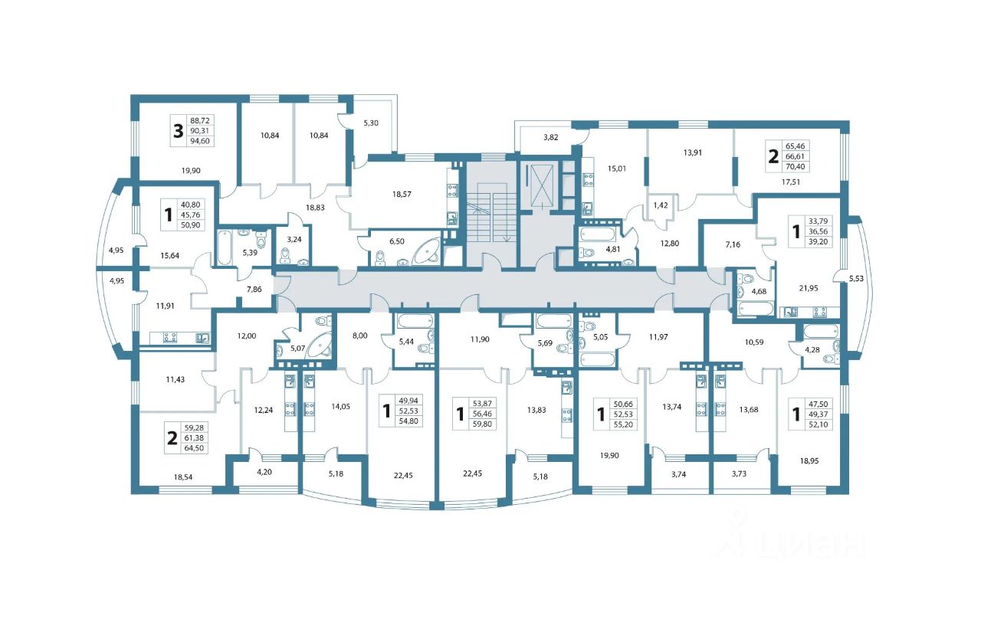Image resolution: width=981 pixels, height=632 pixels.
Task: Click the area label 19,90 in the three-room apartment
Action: pyautogui.click(x=191, y=171)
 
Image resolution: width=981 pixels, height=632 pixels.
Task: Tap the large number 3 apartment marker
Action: pyautogui.click(x=178, y=131)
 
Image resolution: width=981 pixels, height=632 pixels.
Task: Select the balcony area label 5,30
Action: pyautogui.click(x=370, y=123)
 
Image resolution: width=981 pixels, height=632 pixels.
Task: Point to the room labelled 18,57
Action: pyautogui.click(x=402, y=194)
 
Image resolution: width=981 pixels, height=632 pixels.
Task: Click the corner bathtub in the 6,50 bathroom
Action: pyautogui.click(x=427, y=253)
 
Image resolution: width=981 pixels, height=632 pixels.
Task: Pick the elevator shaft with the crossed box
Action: pyautogui.click(x=542, y=185)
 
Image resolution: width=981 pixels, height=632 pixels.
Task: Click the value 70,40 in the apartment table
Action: pyautogui.click(x=795, y=166)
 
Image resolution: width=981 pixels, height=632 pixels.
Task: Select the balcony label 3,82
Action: pyautogui.click(x=550, y=137)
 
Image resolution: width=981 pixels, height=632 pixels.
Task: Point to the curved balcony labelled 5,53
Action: pyautogui.click(x=856, y=278)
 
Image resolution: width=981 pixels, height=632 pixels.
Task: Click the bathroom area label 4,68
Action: pyautogui.click(x=759, y=291)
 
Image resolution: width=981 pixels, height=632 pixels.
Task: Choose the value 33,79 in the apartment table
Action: pyautogui.click(x=818, y=221)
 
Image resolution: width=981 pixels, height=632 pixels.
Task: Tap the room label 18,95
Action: pyautogui.click(x=809, y=461)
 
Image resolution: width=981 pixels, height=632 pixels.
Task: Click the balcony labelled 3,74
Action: pyautogui.click(x=678, y=474)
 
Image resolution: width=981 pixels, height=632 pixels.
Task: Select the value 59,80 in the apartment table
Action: pyautogui.click(x=482, y=424)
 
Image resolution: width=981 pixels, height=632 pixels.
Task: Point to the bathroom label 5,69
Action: pyautogui.click(x=545, y=343)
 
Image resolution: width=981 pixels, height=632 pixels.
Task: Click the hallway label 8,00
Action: pyautogui.click(x=359, y=336)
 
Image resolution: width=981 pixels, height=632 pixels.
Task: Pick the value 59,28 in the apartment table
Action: pyautogui.click(x=194, y=427)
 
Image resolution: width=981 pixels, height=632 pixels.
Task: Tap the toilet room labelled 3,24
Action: pyautogui.click(x=294, y=240)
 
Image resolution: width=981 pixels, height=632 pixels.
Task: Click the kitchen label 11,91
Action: pyautogui.click(x=165, y=306)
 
